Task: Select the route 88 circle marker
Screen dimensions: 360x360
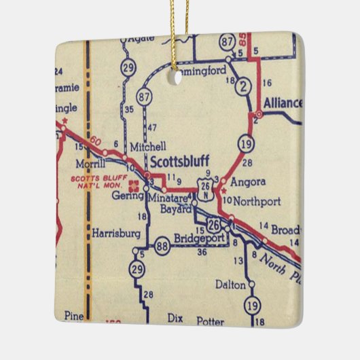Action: [162, 246]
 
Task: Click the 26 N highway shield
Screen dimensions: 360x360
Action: [205, 185]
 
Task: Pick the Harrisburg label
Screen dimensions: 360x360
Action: [117, 233]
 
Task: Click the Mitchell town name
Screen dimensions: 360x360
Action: [147, 146]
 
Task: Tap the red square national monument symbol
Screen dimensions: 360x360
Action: [134, 183]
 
